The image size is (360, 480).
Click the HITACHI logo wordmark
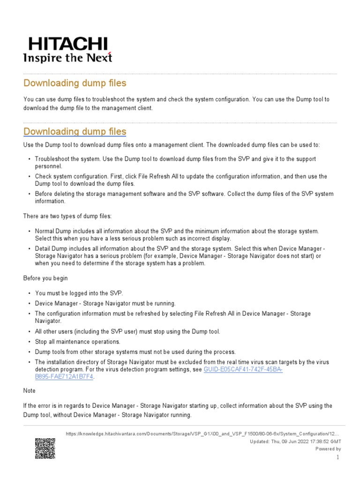point(68,44)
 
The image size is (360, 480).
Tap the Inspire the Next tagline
point(68,58)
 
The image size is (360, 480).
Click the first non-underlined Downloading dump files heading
point(75,83)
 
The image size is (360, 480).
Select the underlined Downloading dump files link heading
point(75,131)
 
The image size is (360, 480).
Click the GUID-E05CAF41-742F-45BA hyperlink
point(243,369)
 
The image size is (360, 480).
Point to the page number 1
point(337,457)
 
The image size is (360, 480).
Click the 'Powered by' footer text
point(328,449)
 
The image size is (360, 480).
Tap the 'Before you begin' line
point(46,278)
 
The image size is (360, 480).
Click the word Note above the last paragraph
point(29,390)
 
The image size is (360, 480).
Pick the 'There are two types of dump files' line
point(68,216)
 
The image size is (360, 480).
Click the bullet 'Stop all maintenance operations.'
point(77,342)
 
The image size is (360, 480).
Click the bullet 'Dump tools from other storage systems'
point(129,352)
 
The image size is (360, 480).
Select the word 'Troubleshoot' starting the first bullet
point(52,159)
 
